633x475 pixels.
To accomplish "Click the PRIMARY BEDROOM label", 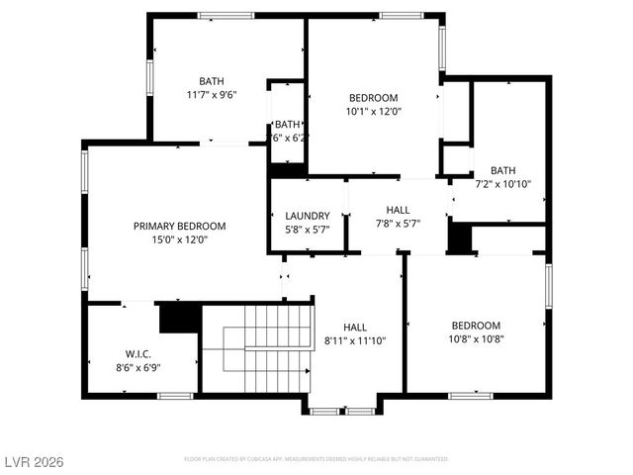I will (x=179, y=226).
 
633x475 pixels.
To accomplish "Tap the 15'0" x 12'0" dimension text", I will (x=179, y=239).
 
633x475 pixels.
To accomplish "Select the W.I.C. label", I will (x=136, y=353).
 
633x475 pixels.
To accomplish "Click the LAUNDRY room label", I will (x=307, y=216).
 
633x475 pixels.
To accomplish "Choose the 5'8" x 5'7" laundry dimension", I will (x=307, y=230).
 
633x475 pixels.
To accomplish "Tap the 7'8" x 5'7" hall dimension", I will (x=398, y=224).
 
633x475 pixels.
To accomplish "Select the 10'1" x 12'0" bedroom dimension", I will (x=373, y=112).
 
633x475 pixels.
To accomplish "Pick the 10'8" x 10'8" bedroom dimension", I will (x=476, y=339).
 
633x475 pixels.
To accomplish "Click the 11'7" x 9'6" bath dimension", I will (x=211, y=95).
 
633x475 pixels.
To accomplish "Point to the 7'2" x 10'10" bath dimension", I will (x=502, y=184).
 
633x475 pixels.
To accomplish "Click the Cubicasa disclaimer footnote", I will (x=316, y=459).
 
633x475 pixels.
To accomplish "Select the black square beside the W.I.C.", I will (x=180, y=319).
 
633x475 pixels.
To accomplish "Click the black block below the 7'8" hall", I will (x=460, y=238).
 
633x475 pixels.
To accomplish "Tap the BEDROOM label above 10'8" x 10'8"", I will (x=476, y=326).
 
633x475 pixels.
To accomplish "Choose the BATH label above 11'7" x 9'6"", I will (x=211, y=81).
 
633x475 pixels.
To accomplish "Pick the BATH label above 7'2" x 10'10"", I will (x=502, y=170).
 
